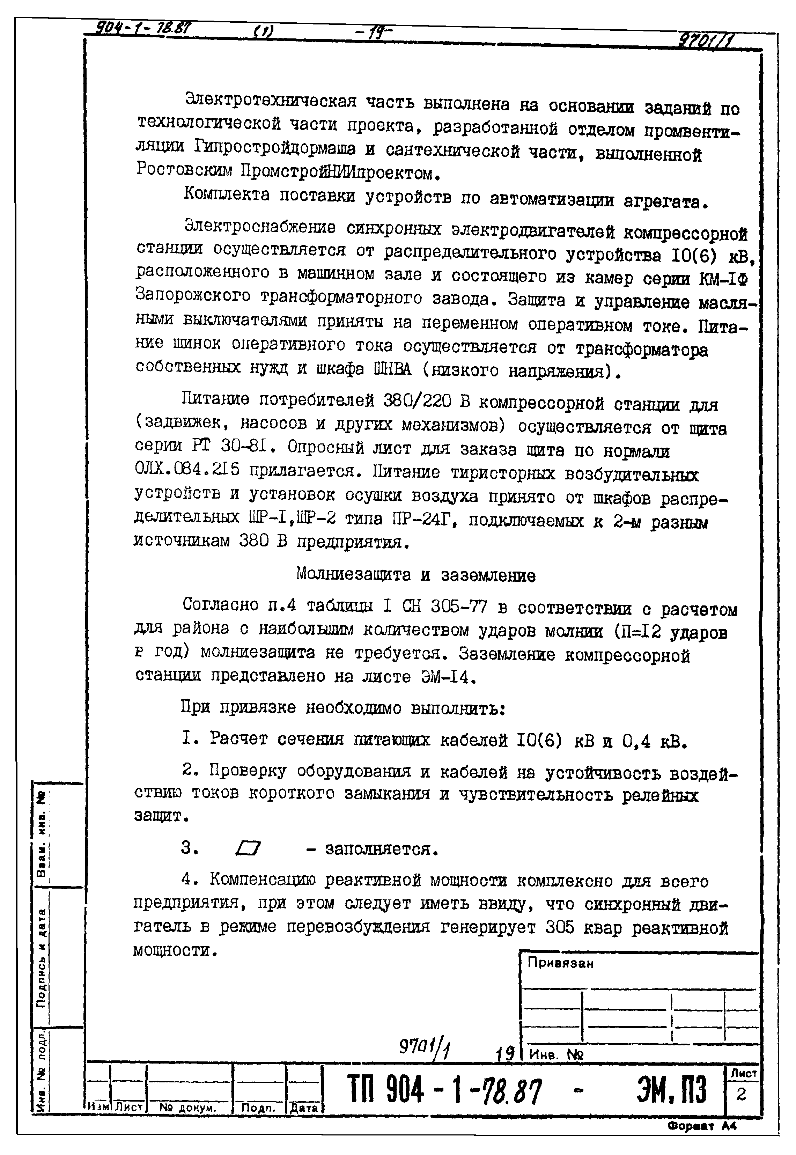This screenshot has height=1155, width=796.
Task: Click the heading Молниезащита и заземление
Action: (415, 575)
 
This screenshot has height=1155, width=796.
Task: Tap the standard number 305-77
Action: (459, 606)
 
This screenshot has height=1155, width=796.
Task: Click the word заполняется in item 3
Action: (382, 849)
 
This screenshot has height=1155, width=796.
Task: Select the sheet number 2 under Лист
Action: (741, 1094)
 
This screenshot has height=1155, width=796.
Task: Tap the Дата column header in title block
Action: (304, 1108)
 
